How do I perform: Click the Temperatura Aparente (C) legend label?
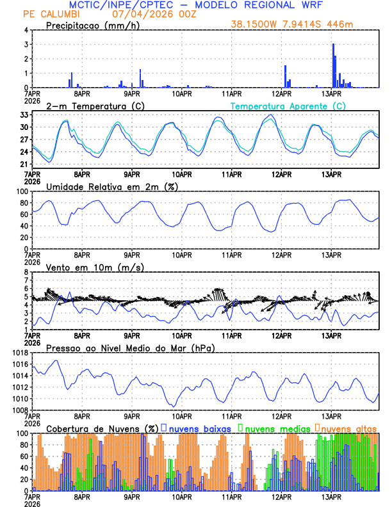click(x=288, y=106)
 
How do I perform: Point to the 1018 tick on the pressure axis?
click(x=20, y=353)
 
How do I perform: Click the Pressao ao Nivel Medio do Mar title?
click(x=130, y=348)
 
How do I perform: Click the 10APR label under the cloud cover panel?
click(x=181, y=497)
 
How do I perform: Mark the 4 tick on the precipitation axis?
click(x=26, y=30)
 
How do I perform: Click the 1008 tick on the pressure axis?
click(x=20, y=410)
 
